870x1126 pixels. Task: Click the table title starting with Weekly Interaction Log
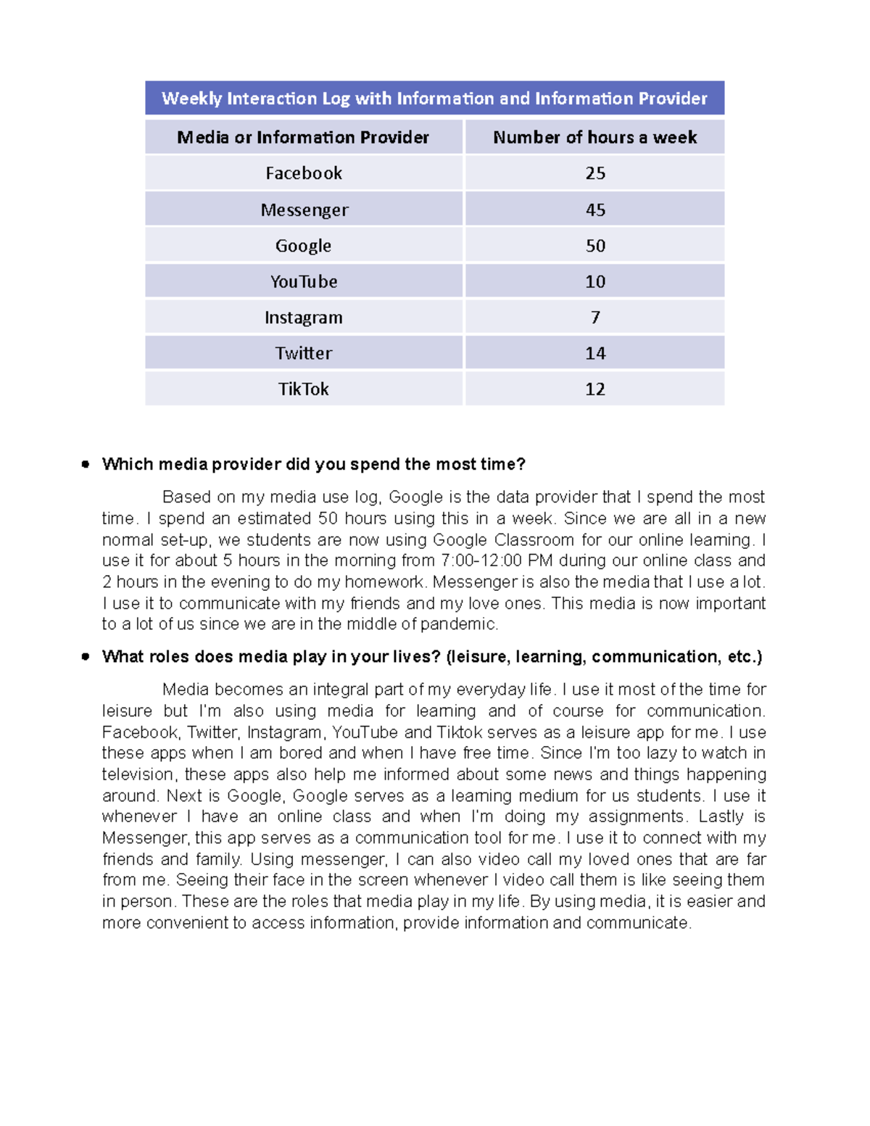(x=434, y=99)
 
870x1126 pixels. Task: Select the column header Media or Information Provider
(x=303, y=137)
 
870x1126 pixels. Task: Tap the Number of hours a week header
(x=594, y=137)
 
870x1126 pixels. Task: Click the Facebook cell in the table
(x=303, y=173)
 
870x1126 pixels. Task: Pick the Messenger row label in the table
(x=304, y=210)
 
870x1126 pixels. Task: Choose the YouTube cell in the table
(x=303, y=281)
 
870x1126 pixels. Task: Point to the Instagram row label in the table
(x=303, y=318)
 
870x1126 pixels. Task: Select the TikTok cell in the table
(x=303, y=389)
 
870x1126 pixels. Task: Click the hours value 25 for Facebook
(x=594, y=173)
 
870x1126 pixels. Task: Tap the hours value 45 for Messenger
(x=594, y=210)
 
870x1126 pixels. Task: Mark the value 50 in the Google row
(x=594, y=246)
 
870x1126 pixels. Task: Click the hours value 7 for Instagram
(x=594, y=318)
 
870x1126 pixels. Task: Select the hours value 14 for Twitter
(x=594, y=353)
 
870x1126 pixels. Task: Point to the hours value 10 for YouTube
(x=594, y=281)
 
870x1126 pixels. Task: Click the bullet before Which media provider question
(x=86, y=464)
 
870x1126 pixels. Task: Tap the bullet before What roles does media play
(x=86, y=657)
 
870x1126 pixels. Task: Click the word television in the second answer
(x=137, y=774)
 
